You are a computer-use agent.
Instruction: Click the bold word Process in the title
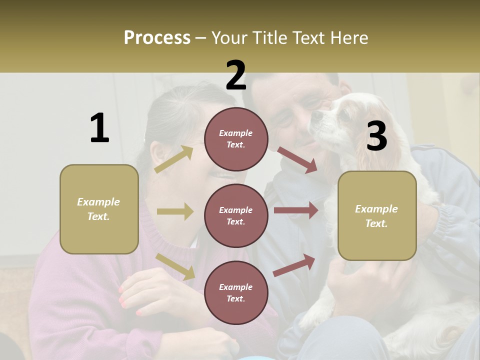click(x=157, y=38)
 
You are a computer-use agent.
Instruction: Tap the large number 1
click(x=99, y=128)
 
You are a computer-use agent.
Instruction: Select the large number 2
click(x=236, y=75)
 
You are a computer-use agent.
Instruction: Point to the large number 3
click(x=376, y=136)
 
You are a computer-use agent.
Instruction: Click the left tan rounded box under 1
click(x=99, y=209)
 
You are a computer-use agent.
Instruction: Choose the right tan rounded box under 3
click(x=377, y=215)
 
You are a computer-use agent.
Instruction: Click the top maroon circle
click(x=236, y=139)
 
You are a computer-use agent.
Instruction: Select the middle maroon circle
click(x=236, y=215)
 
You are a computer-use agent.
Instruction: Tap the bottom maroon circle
click(x=236, y=292)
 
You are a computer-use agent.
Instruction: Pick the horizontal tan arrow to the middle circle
click(x=175, y=211)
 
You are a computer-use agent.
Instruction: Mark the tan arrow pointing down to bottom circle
click(x=175, y=266)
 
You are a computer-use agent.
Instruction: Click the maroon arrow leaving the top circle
click(x=297, y=160)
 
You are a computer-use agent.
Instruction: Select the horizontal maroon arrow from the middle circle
click(x=296, y=210)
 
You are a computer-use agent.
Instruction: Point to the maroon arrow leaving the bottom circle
click(x=294, y=265)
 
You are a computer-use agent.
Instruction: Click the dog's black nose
click(x=317, y=114)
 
